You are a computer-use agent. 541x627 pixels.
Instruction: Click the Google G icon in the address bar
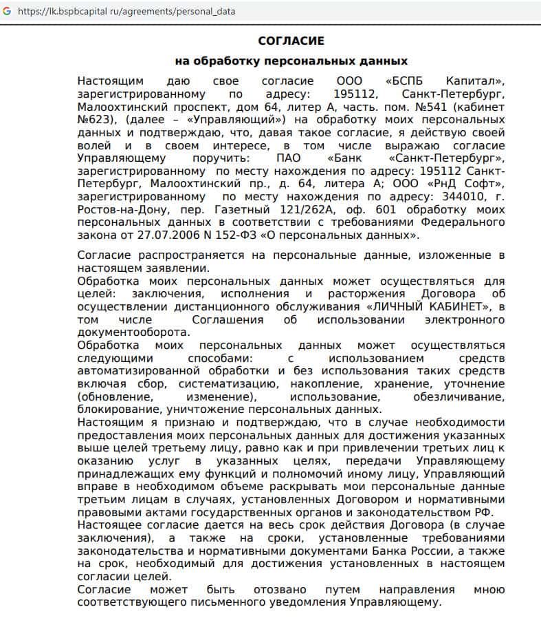(7, 11)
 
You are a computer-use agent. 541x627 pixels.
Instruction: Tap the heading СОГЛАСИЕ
(291, 41)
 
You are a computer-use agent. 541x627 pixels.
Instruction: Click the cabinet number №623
(95, 120)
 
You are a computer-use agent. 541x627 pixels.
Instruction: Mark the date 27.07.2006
(155, 235)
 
